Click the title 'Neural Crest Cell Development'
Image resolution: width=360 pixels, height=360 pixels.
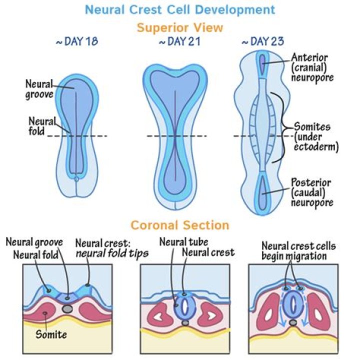pos(179,9)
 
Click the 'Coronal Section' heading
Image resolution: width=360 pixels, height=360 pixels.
pos(180,225)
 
